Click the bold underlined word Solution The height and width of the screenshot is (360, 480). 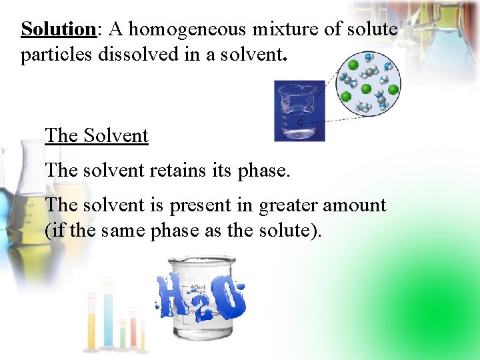pos(59,29)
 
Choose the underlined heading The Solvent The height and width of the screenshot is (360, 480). pos(97,135)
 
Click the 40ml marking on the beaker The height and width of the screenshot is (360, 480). pos(198,287)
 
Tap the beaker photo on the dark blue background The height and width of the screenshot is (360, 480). pos(299,111)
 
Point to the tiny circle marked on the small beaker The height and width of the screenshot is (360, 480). pos(299,123)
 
